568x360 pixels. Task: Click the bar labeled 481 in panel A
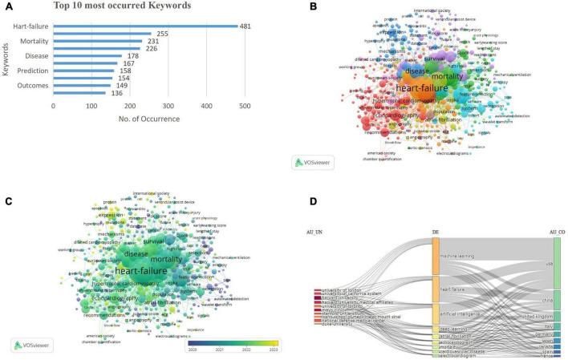click(144, 26)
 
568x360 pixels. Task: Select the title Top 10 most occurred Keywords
click(122, 6)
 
